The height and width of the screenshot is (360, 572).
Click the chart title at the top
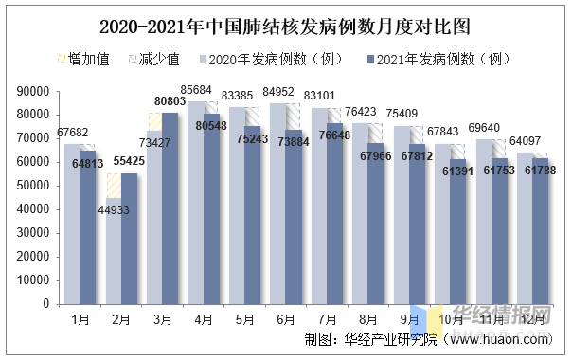click(285, 22)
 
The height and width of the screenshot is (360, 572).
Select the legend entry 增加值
click(84, 60)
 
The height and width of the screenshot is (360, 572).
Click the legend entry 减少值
click(151, 60)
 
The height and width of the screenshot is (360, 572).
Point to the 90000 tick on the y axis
click(32, 91)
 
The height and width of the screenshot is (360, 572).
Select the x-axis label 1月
click(80, 320)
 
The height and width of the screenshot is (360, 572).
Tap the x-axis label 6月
click(286, 320)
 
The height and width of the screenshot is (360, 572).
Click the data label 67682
click(73, 133)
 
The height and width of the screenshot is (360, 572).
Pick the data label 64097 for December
click(525, 141)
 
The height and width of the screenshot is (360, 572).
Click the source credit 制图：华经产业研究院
click(361, 338)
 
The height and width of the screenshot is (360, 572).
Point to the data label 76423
click(361, 112)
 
